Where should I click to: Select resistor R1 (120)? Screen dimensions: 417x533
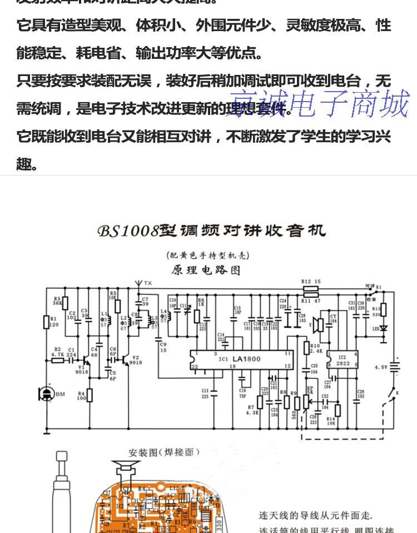tap(47, 322)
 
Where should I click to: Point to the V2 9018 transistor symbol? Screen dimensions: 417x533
tap(127, 359)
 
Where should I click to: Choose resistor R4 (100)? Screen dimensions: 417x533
tap(90, 395)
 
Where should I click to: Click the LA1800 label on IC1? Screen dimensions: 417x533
tap(246, 359)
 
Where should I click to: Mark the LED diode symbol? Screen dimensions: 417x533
tap(383, 329)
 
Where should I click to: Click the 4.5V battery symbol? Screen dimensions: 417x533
tap(396, 366)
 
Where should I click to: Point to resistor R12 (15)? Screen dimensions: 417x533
tap(310, 289)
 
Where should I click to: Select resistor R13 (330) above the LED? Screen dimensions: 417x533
tap(383, 310)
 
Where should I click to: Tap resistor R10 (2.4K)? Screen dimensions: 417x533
tap(306, 348)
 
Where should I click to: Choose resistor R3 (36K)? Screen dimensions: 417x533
tap(65, 303)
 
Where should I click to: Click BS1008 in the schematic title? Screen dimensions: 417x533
tap(128, 230)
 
